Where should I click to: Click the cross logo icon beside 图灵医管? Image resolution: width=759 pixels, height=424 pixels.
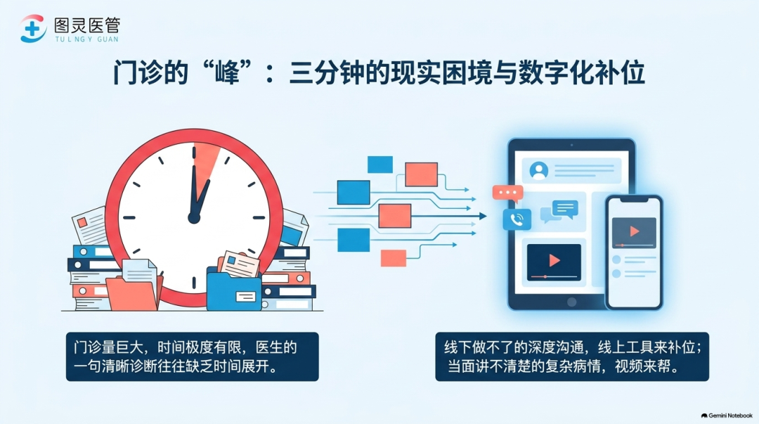(33, 29)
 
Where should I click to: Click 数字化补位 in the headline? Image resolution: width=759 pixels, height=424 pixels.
(581, 73)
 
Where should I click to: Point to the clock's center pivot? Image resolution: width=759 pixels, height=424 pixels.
(194, 218)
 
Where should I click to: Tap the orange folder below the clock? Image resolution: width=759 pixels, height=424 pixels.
(132, 293)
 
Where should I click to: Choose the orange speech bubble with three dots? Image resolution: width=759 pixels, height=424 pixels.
(507, 193)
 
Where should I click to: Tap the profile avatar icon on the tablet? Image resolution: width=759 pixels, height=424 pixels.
(539, 171)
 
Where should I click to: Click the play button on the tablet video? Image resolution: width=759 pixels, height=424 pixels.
(554, 261)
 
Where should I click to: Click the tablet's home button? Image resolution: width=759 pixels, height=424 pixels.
(571, 302)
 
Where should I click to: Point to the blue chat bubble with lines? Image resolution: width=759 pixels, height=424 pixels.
(565, 209)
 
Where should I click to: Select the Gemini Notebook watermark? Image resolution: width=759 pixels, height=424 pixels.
(727, 416)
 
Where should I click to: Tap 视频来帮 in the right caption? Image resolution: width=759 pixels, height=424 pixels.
(643, 366)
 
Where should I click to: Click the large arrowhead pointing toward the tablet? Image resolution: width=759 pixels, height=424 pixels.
(483, 216)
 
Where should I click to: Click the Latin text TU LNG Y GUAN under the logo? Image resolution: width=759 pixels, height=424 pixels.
(86, 39)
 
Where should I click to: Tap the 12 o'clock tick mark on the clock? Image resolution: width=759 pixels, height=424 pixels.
(194, 152)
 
